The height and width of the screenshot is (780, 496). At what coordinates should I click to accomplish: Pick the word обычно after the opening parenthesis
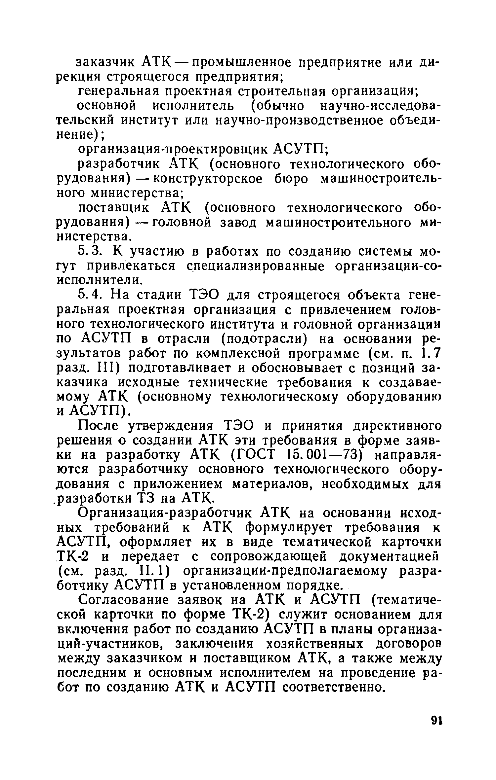click(x=280, y=105)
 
